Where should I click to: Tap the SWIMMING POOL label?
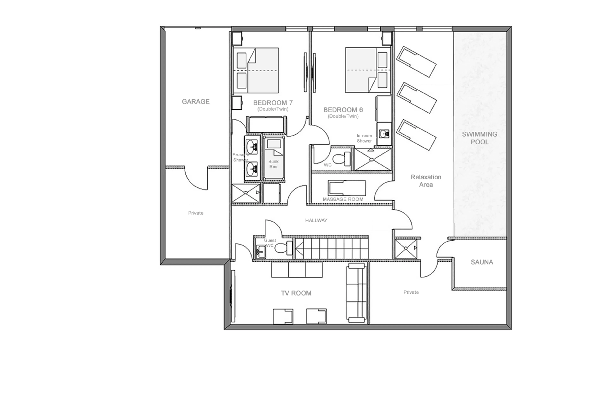click(479, 138)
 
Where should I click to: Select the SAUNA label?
click(482, 262)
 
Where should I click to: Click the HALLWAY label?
click(316, 220)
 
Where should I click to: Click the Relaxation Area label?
click(426, 181)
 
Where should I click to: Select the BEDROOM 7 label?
click(273, 103)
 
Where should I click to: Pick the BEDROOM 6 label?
click(343, 110)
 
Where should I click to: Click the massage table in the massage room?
click(347, 188)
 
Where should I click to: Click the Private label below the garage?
click(196, 213)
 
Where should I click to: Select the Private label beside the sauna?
click(411, 292)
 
